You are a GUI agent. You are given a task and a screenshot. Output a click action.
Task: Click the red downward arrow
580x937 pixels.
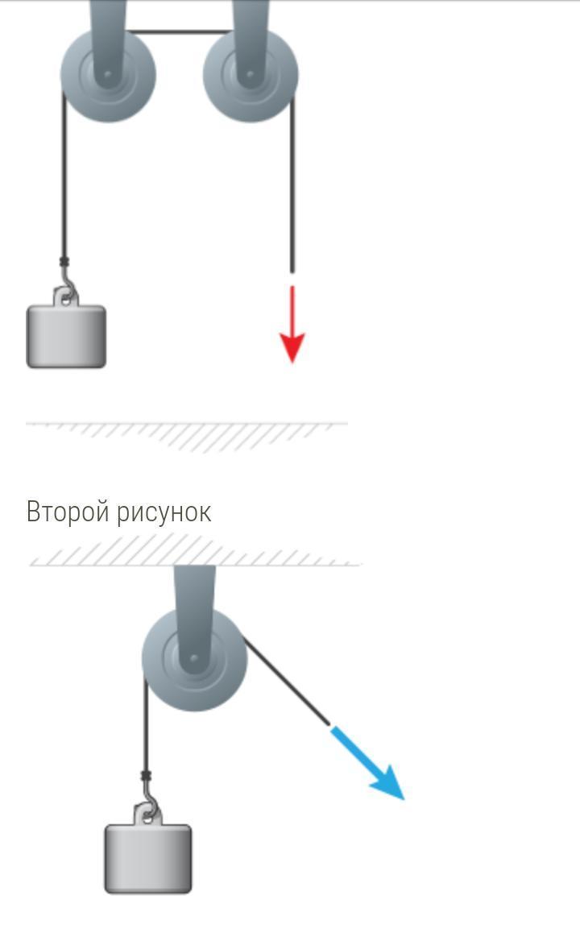pos(292,326)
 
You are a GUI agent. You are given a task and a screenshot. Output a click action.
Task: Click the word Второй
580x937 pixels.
pos(68,512)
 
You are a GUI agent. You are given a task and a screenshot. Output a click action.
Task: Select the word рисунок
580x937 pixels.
pos(164,512)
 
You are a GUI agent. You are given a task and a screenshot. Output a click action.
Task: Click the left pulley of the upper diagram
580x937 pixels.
pos(108,75)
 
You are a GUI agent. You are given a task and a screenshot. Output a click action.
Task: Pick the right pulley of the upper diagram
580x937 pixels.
pos(251,75)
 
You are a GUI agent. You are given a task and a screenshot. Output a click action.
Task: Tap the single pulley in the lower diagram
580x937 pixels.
pos(194,659)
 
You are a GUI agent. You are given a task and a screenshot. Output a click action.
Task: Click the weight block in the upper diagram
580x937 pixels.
pos(66,337)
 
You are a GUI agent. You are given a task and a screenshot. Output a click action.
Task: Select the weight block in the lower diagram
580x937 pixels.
pos(148,859)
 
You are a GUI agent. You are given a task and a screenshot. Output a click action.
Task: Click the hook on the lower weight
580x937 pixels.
pos(149,807)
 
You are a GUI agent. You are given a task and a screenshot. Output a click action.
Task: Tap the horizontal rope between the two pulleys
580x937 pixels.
pos(179,32)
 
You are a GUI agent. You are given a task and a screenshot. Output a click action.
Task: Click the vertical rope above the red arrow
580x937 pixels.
pos(292,185)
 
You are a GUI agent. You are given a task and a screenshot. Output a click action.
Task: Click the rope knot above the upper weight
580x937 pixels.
pos(64,262)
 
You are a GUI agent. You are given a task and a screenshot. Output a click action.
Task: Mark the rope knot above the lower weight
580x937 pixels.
pos(146,777)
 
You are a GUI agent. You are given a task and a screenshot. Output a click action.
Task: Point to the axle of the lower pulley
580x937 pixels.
pos(194,659)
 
